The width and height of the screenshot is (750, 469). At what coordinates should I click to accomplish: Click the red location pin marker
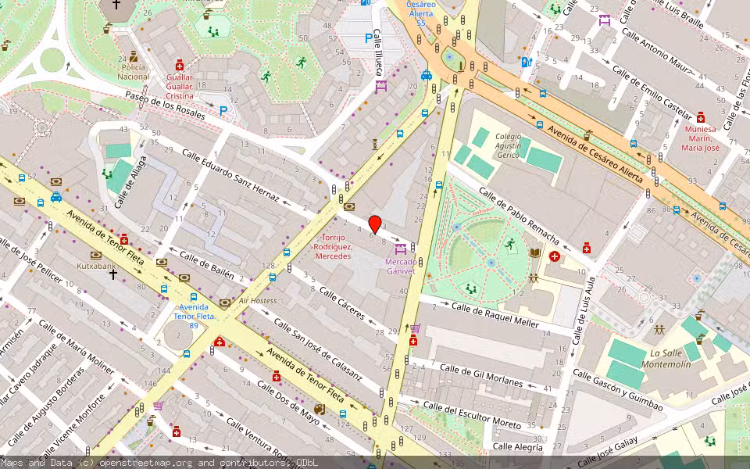[x=375, y=224]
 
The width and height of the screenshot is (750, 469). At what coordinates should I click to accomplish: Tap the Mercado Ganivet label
[x=400, y=267]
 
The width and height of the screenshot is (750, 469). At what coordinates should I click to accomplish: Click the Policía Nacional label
[x=134, y=73]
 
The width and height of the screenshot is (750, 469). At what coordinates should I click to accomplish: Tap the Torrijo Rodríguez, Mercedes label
[x=333, y=246]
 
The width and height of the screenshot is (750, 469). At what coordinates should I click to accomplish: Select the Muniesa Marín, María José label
[x=699, y=138]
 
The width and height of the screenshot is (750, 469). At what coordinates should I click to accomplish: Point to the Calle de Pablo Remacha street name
[x=518, y=215]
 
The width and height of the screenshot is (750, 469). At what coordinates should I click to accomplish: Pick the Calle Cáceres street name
[x=341, y=303]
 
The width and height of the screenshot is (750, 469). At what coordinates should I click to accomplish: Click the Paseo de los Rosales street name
[x=163, y=109]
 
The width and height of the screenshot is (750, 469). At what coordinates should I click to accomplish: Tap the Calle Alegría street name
[x=517, y=447]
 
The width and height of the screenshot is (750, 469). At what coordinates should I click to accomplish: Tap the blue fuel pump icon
[x=527, y=62]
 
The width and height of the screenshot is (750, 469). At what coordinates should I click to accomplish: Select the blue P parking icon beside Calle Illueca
[x=369, y=38]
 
